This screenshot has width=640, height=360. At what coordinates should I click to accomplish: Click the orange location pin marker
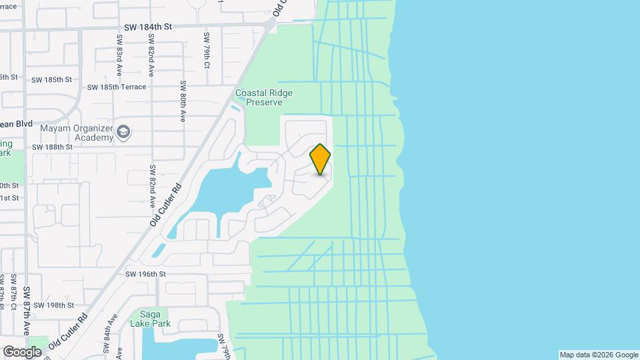[x=320, y=159]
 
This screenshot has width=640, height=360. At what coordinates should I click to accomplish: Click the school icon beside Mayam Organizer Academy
[x=123, y=132]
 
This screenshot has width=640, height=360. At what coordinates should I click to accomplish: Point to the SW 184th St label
[x=148, y=27]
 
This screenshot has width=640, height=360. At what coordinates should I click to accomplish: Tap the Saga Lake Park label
[x=155, y=319]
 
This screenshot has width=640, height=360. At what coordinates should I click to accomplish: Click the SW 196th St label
[x=145, y=274]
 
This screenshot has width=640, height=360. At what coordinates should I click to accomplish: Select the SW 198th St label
[x=53, y=305]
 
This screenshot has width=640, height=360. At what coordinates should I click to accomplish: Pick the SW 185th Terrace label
[x=116, y=87]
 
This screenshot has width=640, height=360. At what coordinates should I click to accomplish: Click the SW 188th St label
[x=51, y=147]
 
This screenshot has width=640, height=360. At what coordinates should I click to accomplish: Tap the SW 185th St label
[x=51, y=79]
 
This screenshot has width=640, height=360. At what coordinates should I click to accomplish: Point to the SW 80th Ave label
[x=183, y=101]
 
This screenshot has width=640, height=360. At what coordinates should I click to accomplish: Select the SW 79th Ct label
[x=207, y=51]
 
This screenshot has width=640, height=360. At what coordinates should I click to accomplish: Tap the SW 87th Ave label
[x=27, y=310]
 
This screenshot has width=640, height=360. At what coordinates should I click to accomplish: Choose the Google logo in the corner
[x=22, y=351]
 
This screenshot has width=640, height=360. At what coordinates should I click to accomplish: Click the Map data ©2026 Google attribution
[x=599, y=355]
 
